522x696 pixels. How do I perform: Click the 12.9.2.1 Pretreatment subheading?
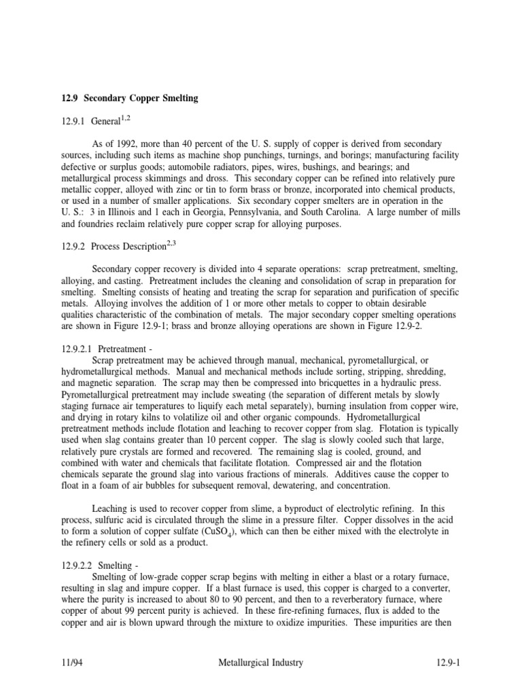point(101,348)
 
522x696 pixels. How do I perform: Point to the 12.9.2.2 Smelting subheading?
point(96,564)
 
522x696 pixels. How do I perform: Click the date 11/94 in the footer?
point(71,662)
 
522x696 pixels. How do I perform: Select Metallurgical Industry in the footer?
point(261,662)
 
